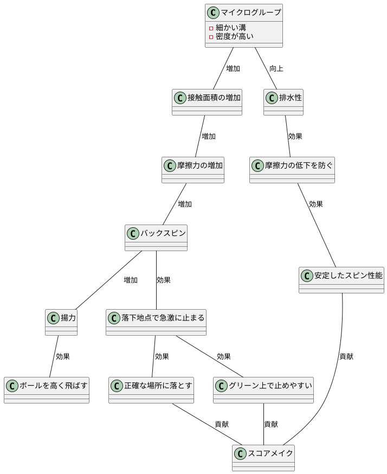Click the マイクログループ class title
point(250,12)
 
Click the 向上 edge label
point(276,69)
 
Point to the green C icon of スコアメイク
point(240,453)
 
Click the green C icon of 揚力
point(53,317)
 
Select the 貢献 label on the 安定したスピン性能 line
point(346,356)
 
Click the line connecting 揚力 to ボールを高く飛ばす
point(54,356)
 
